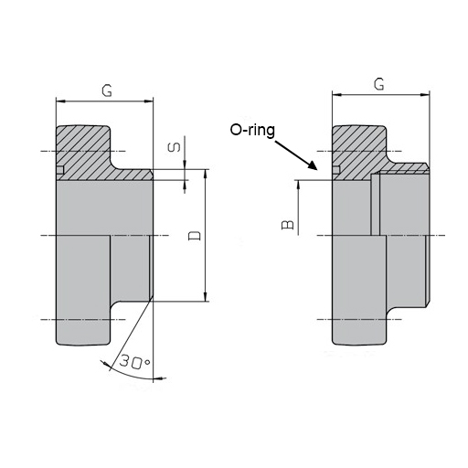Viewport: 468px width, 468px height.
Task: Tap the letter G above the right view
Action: click(x=379, y=83)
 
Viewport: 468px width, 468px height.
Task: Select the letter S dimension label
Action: click(x=175, y=147)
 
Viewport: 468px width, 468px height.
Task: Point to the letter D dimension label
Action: click(x=193, y=236)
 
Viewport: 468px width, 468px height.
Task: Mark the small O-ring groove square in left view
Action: click(x=60, y=170)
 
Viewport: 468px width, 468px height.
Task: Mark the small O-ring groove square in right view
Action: click(x=335, y=170)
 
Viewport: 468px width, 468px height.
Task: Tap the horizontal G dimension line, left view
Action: click(x=105, y=100)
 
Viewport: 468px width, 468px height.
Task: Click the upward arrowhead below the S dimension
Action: click(x=185, y=185)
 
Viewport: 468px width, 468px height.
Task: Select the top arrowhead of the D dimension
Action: click(x=208, y=174)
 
